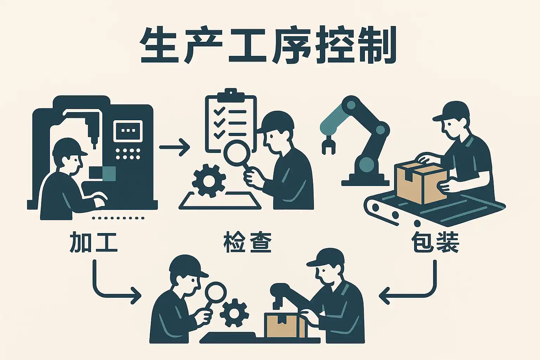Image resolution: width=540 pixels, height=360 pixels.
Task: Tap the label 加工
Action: [93, 242]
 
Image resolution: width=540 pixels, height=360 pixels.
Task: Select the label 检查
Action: [247, 242]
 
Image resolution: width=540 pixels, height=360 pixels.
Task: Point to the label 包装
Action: [435, 242]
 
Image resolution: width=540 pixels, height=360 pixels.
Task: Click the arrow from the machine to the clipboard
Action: [175, 147]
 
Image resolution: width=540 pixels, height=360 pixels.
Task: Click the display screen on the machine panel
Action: [128, 130]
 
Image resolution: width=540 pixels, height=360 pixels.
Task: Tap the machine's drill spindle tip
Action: [94, 142]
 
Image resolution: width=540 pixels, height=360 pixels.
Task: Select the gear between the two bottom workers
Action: [234, 312]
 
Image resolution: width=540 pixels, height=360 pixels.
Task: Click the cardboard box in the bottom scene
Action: [285, 325]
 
